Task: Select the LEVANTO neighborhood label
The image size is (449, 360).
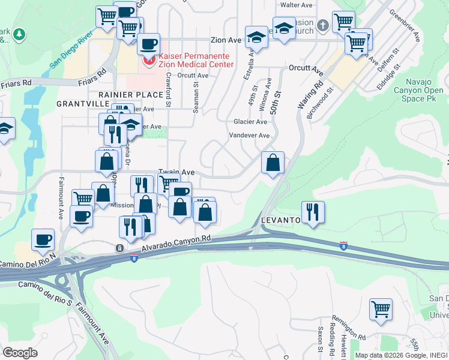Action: [280, 221]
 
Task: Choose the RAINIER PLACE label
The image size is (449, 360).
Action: [130, 95]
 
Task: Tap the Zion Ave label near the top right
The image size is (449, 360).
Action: [225, 40]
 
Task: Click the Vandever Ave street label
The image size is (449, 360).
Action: [249, 136]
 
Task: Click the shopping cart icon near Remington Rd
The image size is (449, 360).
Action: [381, 310]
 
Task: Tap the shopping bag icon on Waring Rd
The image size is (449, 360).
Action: [273, 163]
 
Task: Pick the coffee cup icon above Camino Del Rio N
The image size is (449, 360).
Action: [43, 239]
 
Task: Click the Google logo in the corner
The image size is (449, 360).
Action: [20, 353]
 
